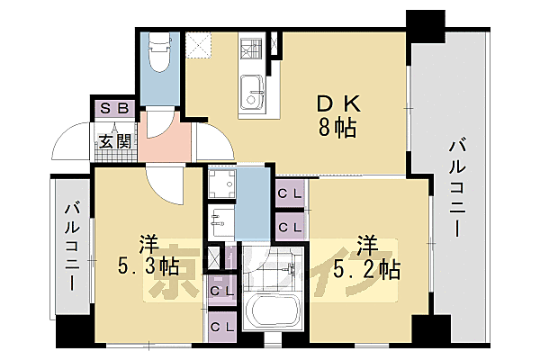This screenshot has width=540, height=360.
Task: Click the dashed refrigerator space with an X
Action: coord(198,44)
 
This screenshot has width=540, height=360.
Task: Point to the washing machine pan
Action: coord(221,184)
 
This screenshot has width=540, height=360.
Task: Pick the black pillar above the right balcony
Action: coord(425,24)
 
